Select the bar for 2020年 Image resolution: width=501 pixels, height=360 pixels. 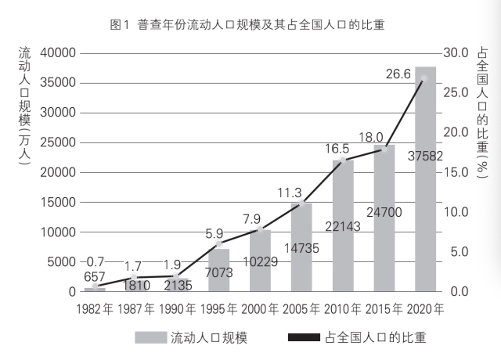click(x=425, y=180)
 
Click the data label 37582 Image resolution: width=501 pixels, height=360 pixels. click(x=426, y=156)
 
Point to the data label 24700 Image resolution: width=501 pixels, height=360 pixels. click(x=384, y=211)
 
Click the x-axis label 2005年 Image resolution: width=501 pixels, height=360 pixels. click(x=302, y=308)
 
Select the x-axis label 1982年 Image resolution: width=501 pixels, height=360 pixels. click(x=96, y=308)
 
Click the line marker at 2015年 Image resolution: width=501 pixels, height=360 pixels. click(x=384, y=149)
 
